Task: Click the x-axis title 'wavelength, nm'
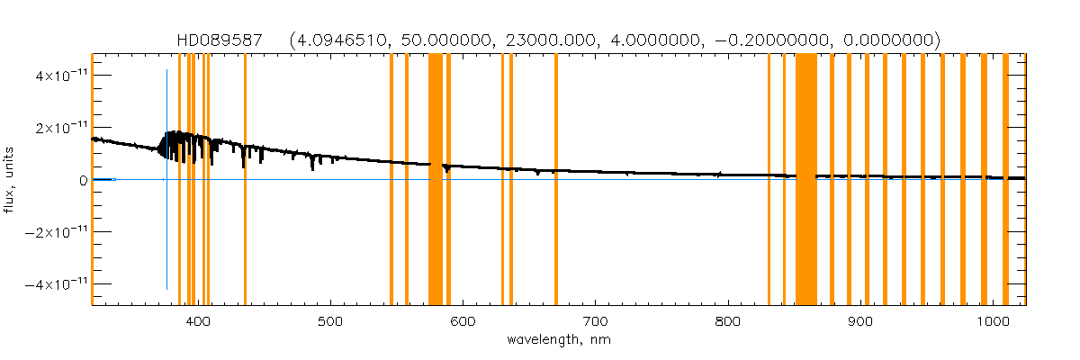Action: click(559, 341)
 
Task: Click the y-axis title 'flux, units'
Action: click(12, 180)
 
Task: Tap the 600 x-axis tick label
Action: click(463, 322)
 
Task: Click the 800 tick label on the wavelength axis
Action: click(728, 322)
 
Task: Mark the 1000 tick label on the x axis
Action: click(993, 322)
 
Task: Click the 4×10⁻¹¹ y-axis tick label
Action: click(57, 76)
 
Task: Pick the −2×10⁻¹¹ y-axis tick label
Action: click(53, 232)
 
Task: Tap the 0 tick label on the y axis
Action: click(83, 180)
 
